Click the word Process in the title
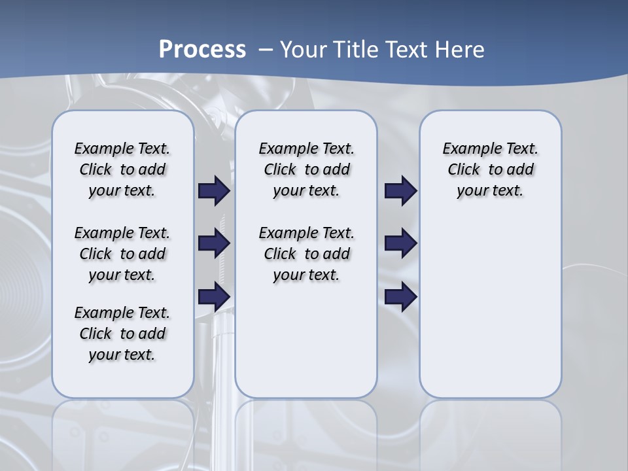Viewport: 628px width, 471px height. [x=202, y=50]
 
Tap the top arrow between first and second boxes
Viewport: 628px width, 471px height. [x=214, y=191]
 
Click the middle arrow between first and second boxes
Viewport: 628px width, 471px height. [x=214, y=243]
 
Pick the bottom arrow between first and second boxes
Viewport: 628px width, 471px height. [x=214, y=296]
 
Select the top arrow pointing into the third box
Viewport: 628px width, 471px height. [x=400, y=191]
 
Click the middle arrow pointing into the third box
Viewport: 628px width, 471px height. [x=400, y=243]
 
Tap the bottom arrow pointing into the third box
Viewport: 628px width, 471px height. [x=400, y=296]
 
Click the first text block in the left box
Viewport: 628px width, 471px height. [x=122, y=169]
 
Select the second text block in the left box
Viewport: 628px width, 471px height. [x=122, y=254]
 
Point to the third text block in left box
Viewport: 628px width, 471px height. [x=122, y=334]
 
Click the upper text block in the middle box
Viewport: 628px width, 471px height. [x=306, y=169]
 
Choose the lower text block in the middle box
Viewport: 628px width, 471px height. [x=306, y=254]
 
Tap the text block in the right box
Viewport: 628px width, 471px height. [x=490, y=169]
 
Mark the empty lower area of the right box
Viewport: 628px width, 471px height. [x=490, y=307]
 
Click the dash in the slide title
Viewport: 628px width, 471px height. [x=266, y=50]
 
